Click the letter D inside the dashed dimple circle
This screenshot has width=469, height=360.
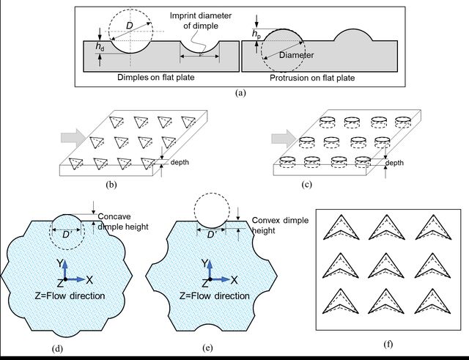[129, 26]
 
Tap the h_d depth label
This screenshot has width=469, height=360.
[100, 46]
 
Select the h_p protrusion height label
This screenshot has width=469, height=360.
[256, 34]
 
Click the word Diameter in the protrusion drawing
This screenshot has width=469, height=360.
[296, 55]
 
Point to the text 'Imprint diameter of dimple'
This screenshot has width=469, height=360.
[201, 21]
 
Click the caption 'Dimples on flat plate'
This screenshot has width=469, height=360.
[155, 77]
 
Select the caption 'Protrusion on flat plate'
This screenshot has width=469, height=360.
[312, 78]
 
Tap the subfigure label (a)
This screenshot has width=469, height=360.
[240, 93]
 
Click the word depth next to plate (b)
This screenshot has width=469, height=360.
[180, 162]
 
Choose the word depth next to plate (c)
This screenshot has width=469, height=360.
[394, 163]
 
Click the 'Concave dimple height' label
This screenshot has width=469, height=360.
[123, 221]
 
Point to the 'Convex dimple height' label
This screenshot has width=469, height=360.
[280, 225]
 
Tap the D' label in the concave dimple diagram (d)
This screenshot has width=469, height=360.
[67, 235]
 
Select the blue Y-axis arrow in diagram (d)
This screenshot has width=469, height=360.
[65, 269]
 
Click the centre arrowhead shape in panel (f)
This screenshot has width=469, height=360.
[386, 265]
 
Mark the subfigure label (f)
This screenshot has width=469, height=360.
[388, 345]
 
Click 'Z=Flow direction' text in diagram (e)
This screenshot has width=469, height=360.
[215, 296]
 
